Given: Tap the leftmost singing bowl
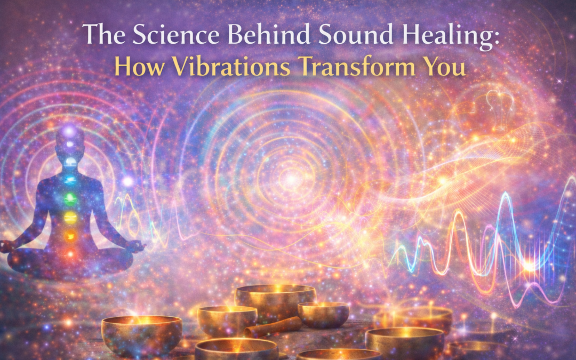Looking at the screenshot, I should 141,334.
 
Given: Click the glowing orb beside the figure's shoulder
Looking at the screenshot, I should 127,181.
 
